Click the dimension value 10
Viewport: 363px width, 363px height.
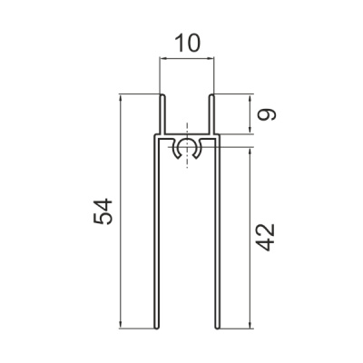pos(188,43)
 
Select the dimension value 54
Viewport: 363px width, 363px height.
pos(103,211)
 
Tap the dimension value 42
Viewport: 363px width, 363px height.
pos(265,237)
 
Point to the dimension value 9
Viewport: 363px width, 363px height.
pos(267,114)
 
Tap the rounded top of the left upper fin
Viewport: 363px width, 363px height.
pos(162,96)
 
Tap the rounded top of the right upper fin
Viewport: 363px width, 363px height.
pos(211,96)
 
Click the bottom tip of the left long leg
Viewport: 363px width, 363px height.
pos(156,328)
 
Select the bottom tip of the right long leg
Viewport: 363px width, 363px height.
pos(217,328)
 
